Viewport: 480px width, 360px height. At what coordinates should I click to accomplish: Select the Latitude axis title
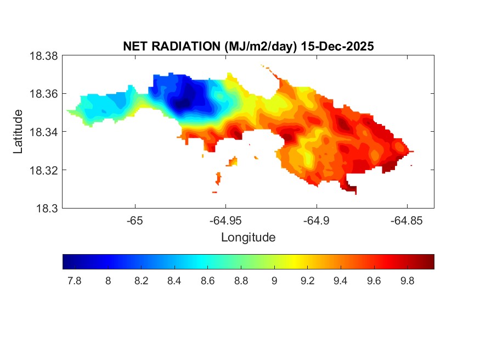click(18, 132)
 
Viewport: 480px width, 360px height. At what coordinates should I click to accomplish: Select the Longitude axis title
click(248, 238)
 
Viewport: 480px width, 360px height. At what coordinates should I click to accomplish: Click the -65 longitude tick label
click(135, 220)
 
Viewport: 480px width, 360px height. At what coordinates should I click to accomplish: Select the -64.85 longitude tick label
click(406, 220)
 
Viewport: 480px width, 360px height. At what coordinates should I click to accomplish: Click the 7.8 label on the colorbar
click(74, 281)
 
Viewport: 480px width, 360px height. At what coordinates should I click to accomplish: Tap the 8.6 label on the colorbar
click(207, 281)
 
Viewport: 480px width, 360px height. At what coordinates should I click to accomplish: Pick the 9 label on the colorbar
click(274, 281)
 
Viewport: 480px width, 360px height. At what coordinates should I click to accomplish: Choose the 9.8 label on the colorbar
click(407, 281)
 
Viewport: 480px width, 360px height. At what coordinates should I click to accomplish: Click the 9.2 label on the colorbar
click(307, 281)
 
